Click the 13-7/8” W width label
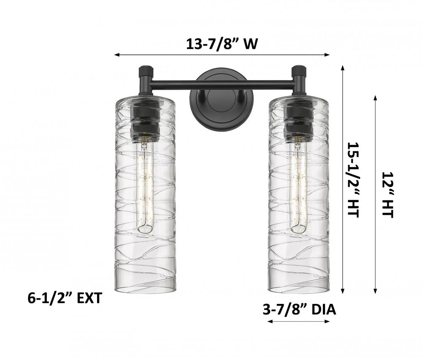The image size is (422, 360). point(222,43)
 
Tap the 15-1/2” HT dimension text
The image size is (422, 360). point(353,179)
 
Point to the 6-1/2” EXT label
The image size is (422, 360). point(65,298)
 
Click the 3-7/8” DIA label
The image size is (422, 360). point(300,310)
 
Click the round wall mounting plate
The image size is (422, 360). point(218,100)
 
